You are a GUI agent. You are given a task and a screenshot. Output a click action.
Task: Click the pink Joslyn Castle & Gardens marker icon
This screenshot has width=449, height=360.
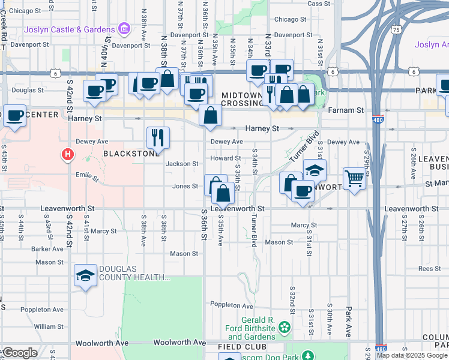point(124,29)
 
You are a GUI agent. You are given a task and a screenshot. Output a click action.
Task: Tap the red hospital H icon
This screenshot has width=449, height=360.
point(68,155)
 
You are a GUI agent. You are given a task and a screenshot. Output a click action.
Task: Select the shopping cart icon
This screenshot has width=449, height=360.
point(354,178)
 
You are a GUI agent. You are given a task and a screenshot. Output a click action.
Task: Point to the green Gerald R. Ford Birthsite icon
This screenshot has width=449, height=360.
point(285,328)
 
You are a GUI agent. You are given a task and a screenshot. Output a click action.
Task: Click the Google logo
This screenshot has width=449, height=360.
point(20,353)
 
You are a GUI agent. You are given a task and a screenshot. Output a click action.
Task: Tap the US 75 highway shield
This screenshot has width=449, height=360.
point(395,29)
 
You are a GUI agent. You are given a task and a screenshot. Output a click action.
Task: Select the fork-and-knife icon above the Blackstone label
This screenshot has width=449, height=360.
point(158,137)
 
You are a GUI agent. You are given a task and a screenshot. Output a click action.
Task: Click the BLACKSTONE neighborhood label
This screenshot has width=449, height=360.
point(125,154)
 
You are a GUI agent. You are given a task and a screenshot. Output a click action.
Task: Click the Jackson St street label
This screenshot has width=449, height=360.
point(182,164)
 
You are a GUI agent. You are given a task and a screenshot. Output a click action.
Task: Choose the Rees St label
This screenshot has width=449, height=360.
point(430,269)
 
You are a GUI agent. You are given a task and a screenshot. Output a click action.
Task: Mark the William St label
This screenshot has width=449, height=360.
point(45,326)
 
